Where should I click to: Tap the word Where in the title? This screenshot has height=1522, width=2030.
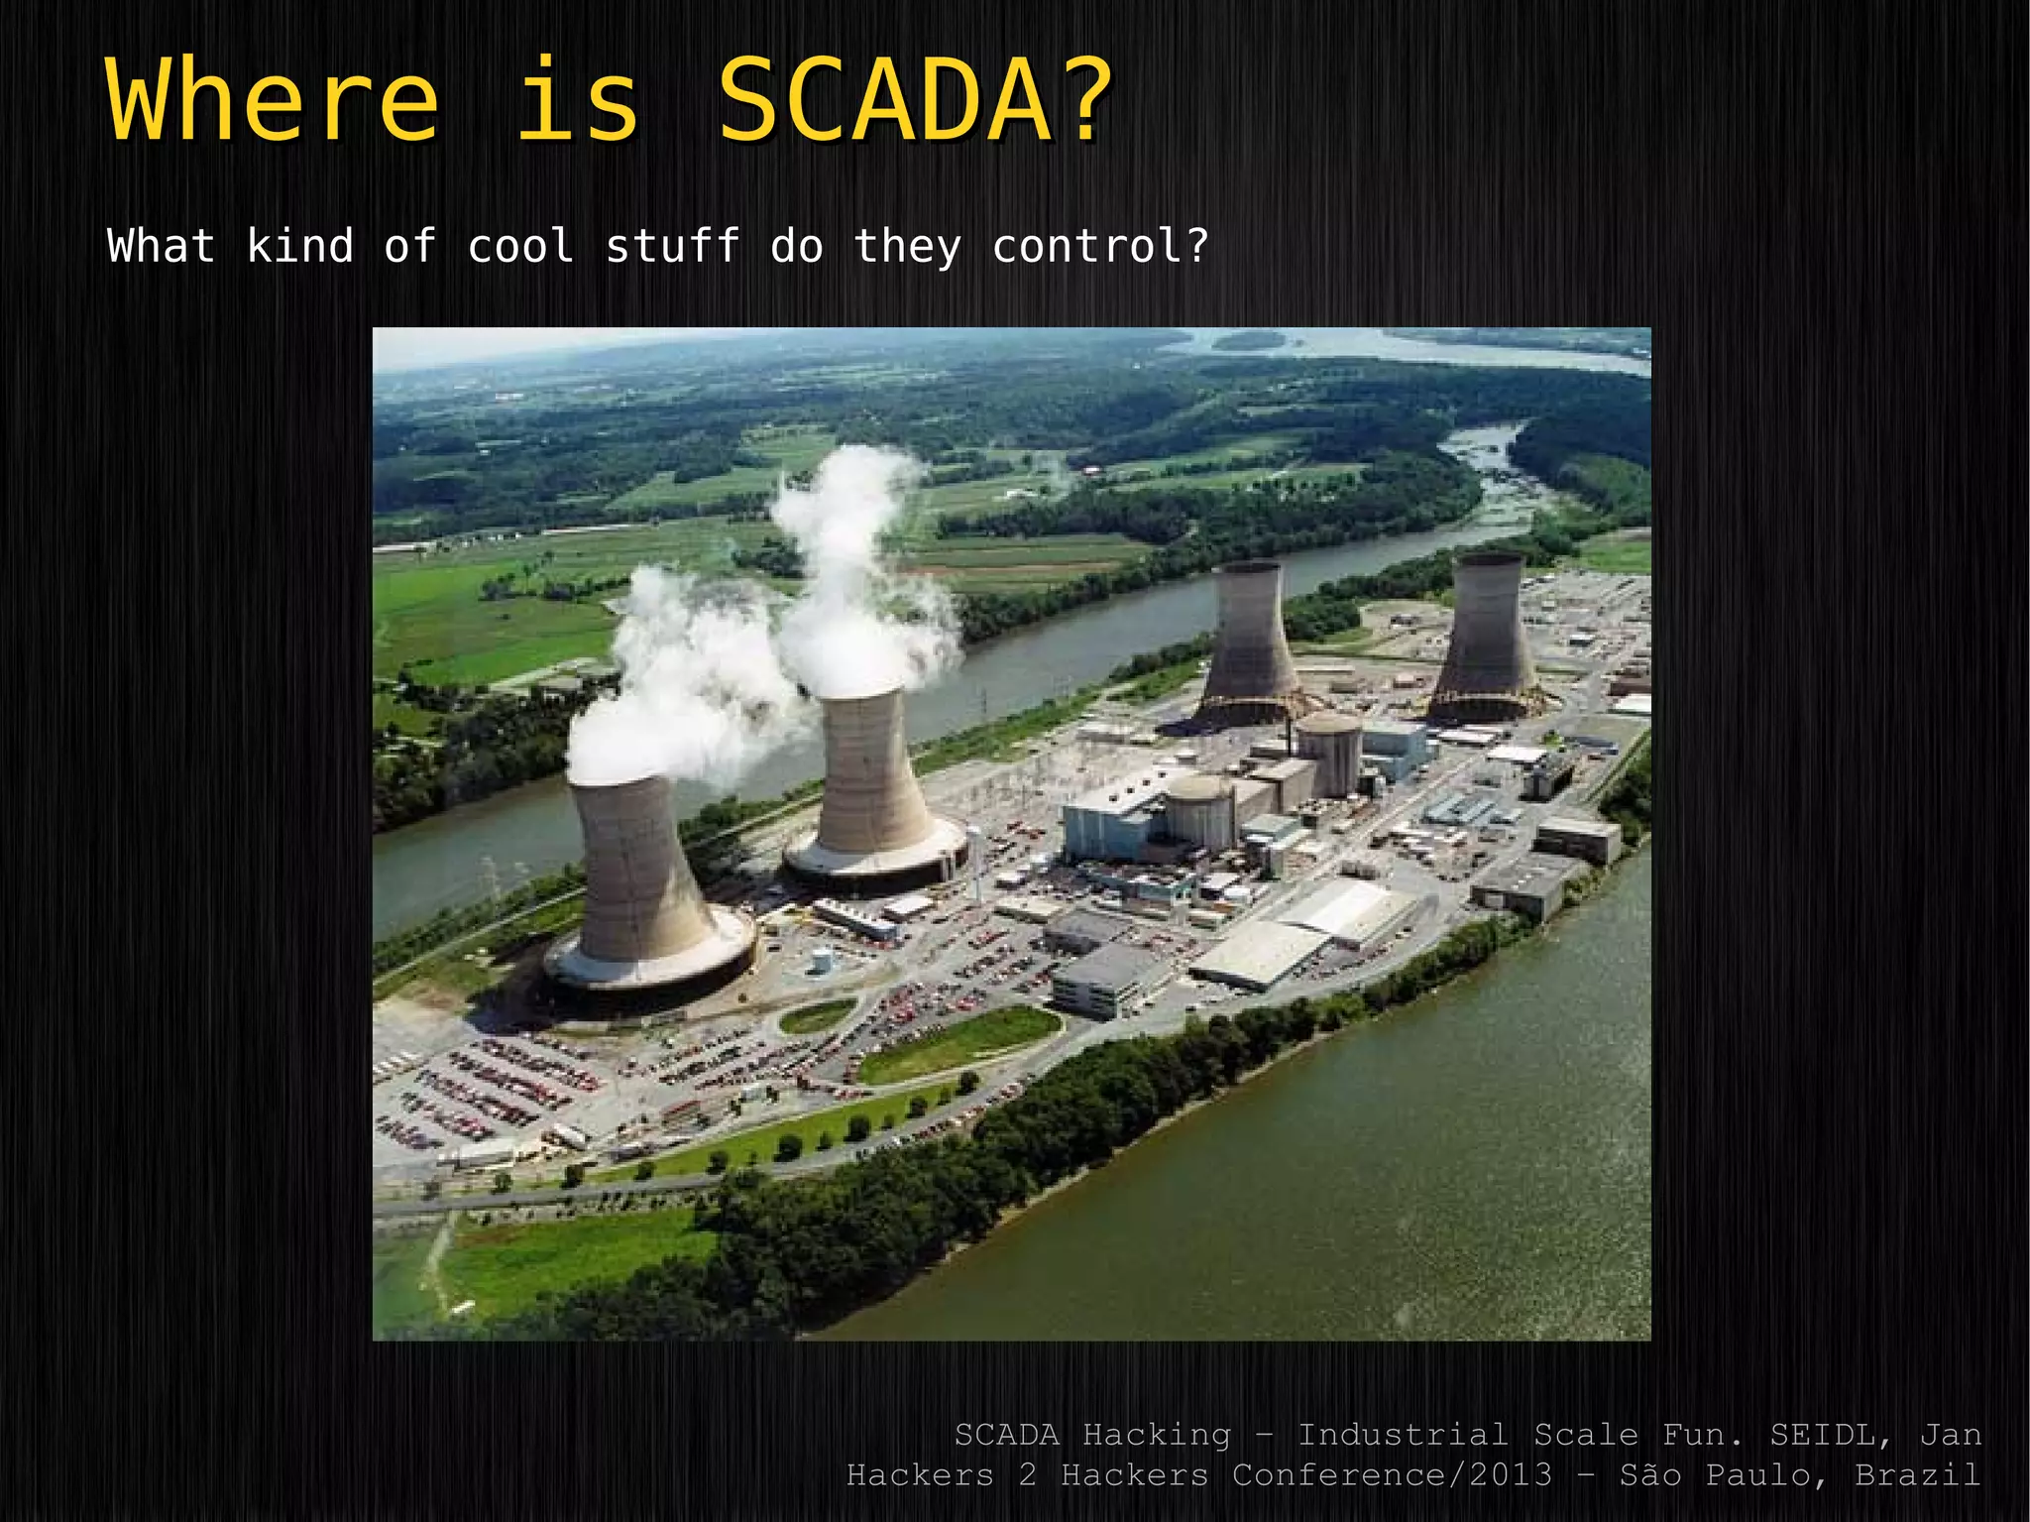pos(273,102)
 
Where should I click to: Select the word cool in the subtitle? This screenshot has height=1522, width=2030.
pos(520,246)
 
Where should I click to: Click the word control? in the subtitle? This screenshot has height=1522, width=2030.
pos(1100,246)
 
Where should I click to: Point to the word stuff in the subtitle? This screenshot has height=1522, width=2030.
pos(672,246)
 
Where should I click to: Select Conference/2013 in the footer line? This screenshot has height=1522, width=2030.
pos(1393,1474)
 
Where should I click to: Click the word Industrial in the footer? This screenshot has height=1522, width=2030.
pos(1403,1434)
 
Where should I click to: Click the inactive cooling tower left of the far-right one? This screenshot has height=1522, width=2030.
pos(1251,640)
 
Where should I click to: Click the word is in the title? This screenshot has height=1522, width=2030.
pos(578,102)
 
